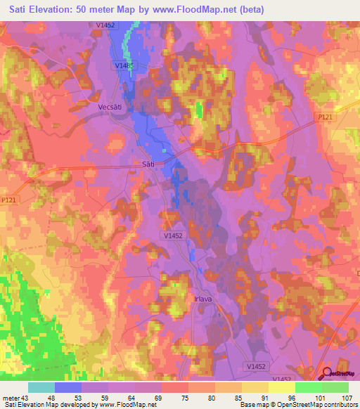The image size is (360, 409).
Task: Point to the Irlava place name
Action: point(201,298)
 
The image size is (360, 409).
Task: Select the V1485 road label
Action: point(124,66)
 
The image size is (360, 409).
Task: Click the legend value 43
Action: point(25,398)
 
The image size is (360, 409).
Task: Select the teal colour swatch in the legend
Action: point(41,387)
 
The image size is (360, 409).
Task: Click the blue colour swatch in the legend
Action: point(68,387)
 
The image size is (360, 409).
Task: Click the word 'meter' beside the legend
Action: point(11,398)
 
